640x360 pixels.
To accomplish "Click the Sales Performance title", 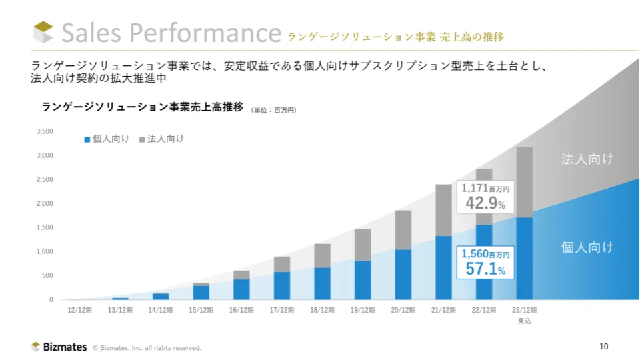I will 171,33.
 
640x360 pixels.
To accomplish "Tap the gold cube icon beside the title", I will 43,32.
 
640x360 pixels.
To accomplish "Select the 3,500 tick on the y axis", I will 45,131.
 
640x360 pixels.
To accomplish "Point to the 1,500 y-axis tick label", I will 45,227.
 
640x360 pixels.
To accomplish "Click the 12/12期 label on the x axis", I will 80,310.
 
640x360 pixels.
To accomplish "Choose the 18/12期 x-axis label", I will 323,310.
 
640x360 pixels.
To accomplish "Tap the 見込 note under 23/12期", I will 525,321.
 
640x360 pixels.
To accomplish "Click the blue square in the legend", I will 87,139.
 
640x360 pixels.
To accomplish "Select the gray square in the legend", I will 141,139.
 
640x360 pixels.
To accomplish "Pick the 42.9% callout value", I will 485,203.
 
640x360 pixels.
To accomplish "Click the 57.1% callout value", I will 485,269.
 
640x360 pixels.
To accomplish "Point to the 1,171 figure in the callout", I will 474,189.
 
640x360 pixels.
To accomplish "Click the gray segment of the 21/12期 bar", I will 443,210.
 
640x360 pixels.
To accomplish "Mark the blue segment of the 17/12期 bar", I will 282,285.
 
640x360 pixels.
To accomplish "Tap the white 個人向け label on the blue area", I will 587,247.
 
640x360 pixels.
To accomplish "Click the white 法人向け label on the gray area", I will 587,159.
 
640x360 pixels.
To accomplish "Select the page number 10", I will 604,346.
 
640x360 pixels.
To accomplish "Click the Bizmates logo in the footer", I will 59,347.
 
